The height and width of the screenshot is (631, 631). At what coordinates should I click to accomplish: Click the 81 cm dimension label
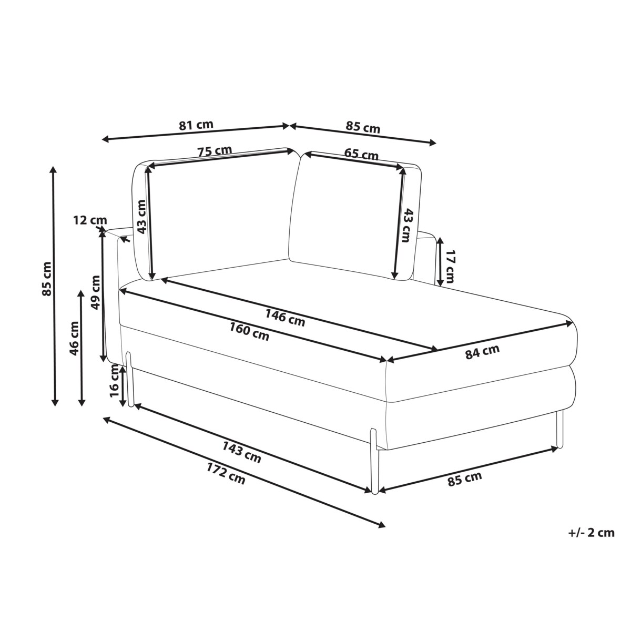(x=196, y=125)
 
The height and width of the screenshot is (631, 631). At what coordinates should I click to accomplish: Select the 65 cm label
(x=361, y=154)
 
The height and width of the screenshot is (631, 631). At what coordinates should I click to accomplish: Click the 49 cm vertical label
(x=96, y=292)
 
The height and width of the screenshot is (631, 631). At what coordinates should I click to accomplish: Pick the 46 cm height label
(x=74, y=338)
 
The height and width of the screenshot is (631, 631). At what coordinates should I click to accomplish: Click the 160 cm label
(x=249, y=331)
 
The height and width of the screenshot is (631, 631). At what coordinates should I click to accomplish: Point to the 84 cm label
(x=482, y=352)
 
